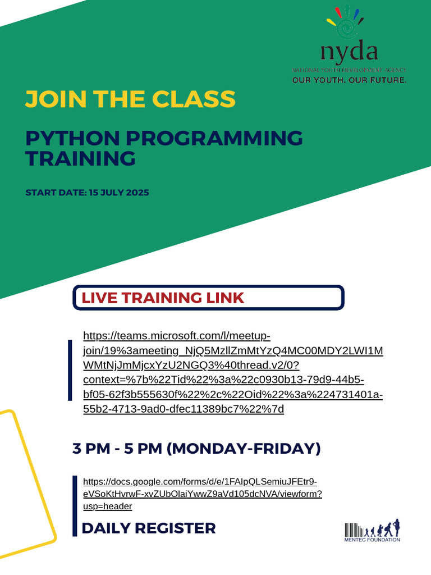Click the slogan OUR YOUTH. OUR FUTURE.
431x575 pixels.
349,80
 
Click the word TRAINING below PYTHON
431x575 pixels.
81,158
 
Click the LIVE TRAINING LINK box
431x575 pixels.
208,298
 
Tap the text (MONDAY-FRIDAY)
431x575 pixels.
244,449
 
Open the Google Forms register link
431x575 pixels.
202,494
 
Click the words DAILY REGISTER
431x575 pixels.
149,528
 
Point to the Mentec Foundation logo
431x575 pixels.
372,531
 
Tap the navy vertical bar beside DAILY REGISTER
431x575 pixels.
75,505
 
